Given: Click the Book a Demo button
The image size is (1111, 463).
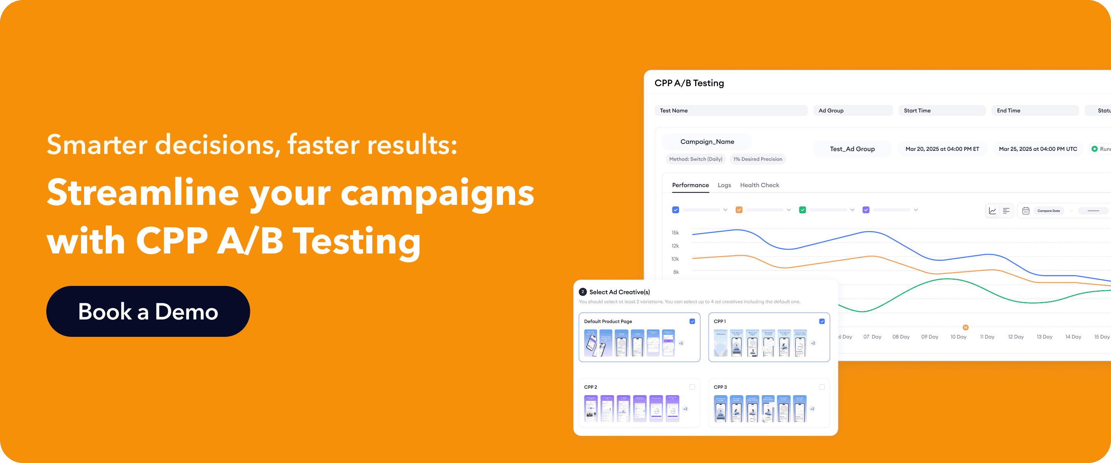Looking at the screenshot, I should tap(148, 311).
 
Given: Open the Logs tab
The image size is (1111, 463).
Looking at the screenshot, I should tap(724, 185).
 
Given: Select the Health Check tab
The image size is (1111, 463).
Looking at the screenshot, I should tap(760, 185).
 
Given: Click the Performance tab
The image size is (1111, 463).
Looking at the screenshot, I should tap(690, 185).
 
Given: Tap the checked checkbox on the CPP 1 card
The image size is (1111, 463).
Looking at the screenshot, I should tap(822, 321).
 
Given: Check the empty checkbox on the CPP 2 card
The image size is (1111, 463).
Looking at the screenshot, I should tap(692, 387).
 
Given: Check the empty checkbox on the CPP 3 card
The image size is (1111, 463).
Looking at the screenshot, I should tap(822, 387).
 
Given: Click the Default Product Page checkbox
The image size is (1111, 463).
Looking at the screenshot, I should tap(692, 321).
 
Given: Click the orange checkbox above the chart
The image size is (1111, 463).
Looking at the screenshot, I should tap(739, 210).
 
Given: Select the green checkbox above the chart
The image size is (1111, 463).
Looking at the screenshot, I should tap(802, 210).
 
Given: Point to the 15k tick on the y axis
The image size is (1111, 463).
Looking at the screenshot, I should tap(675, 233).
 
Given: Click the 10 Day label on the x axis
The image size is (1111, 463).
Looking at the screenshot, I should tap(958, 337).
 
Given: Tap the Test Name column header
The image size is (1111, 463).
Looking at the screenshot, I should tap(674, 111).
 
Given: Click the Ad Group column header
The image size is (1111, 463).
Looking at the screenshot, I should tap(831, 111).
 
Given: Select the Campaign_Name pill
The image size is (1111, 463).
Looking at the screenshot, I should tap(707, 142).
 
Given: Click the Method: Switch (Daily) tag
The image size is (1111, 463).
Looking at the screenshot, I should tap(696, 159).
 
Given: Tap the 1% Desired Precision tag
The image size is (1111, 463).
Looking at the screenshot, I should tap(758, 159).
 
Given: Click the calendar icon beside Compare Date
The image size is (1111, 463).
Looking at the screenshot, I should tap(1026, 211).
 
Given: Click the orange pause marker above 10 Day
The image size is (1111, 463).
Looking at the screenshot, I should tap(965, 328).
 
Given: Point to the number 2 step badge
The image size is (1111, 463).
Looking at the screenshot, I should tap(583, 292).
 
